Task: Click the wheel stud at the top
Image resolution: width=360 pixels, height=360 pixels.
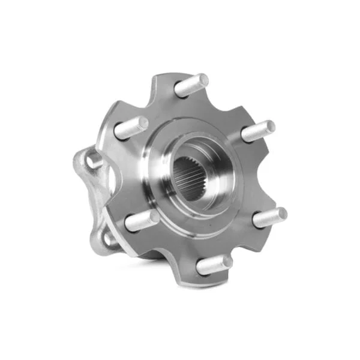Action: pyautogui.click(x=191, y=85)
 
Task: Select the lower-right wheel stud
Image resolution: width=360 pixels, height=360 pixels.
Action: pyautogui.click(x=269, y=217)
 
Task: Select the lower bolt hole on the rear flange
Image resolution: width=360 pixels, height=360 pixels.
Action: pyautogui.click(x=109, y=239)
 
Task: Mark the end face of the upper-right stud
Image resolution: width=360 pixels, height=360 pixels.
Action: pyautogui.click(x=269, y=127)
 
